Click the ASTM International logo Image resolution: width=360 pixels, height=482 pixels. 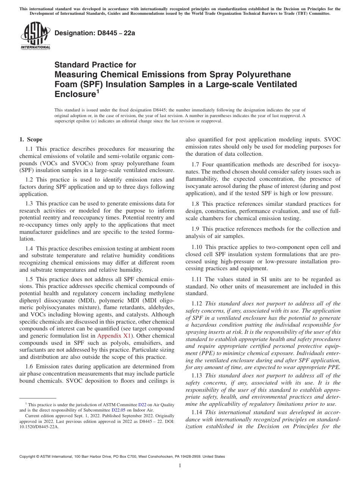(35, 36)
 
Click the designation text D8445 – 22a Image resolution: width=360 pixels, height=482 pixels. (95, 33)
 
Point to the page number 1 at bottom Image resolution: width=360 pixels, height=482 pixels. (180, 466)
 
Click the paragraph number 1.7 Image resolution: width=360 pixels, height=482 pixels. (196, 164)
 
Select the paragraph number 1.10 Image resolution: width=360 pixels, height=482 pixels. (197, 247)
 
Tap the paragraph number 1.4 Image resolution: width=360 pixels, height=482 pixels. (30, 249)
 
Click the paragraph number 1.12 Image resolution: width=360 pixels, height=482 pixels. (197, 304)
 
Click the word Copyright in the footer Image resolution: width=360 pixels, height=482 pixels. (28, 457)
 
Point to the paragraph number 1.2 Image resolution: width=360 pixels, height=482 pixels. (30, 180)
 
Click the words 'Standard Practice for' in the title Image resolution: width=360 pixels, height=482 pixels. (95, 65)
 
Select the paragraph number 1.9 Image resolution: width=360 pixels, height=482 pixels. (196, 229)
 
